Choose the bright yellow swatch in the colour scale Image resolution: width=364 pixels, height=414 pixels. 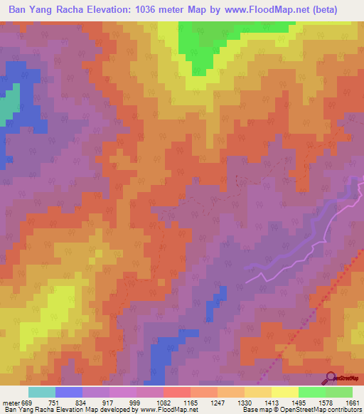(x=284, y=392)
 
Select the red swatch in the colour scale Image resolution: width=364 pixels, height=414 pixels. (x=176, y=392)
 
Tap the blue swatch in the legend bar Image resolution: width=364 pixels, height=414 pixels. (x=68, y=392)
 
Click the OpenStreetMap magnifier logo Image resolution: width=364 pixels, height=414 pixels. (x=330, y=378)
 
